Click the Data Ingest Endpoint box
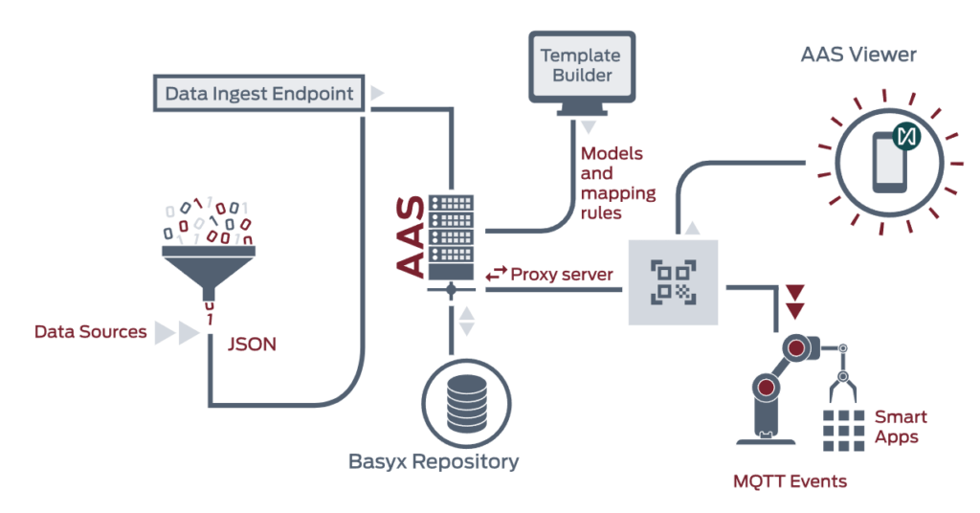(x=258, y=94)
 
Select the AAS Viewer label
(x=857, y=55)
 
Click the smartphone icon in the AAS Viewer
(x=890, y=162)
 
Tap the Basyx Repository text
(x=434, y=462)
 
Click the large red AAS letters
(x=411, y=236)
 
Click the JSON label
(x=253, y=344)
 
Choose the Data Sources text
(x=91, y=332)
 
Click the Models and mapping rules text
(x=618, y=182)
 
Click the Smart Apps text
(x=901, y=427)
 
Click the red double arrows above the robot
(x=794, y=300)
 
